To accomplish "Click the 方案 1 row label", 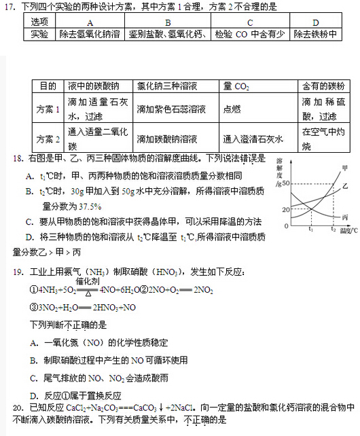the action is click(48, 109).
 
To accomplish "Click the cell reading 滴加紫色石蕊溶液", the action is click(171, 109).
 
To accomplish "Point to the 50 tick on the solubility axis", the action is click(285, 184).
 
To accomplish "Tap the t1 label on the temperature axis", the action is click(310, 231).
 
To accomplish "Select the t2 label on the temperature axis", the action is click(333, 231).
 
